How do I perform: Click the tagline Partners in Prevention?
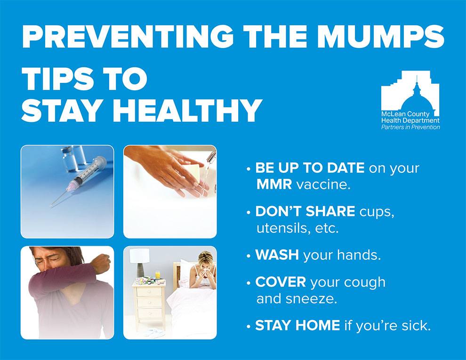(x=410, y=127)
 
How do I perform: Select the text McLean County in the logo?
(x=405, y=114)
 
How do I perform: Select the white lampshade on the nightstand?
(x=140, y=256)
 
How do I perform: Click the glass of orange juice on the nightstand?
(x=158, y=274)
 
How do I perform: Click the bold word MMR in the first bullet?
(x=274, y=184)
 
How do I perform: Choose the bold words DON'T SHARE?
(x=305, y=211)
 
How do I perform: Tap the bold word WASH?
(x=277, y=255)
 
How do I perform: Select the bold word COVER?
(x=281, y=282)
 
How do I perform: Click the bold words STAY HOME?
(x=297, y=325)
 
